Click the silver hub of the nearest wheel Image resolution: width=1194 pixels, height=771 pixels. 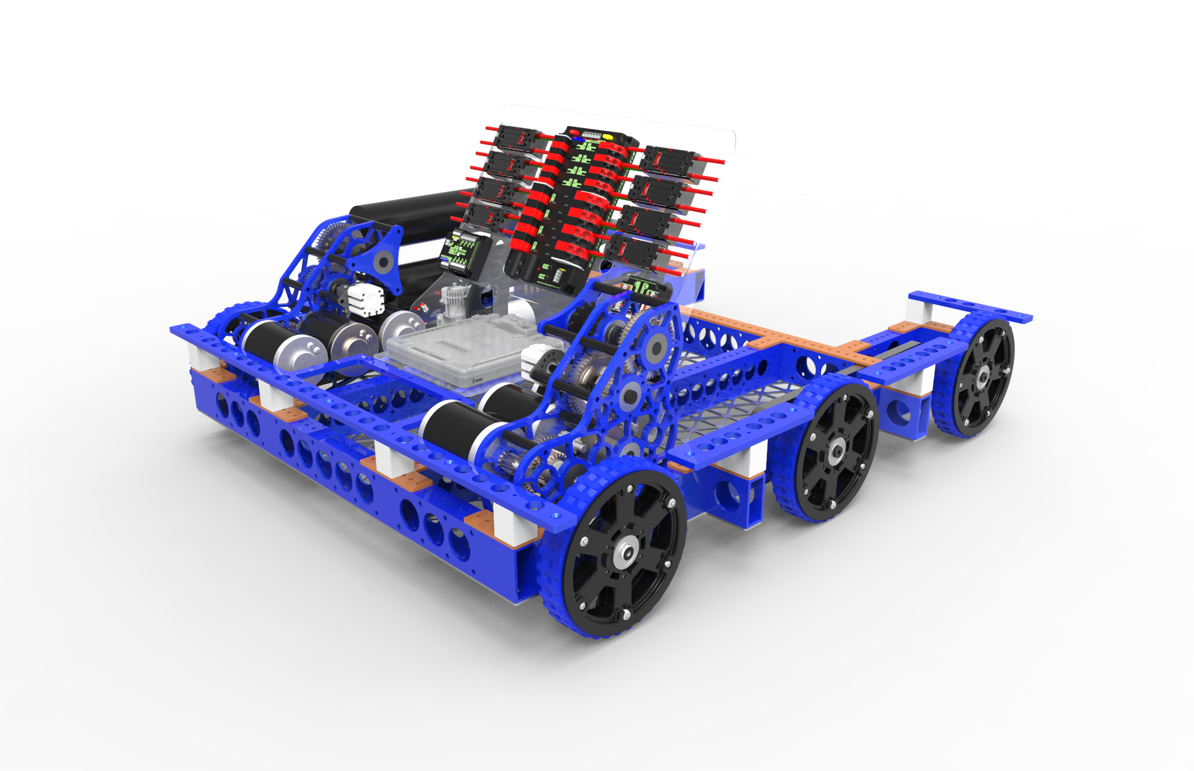pyautogui.click(x=625, y=553)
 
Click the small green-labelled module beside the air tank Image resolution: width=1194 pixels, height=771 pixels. pyautogui.click(x=460, y=252)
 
